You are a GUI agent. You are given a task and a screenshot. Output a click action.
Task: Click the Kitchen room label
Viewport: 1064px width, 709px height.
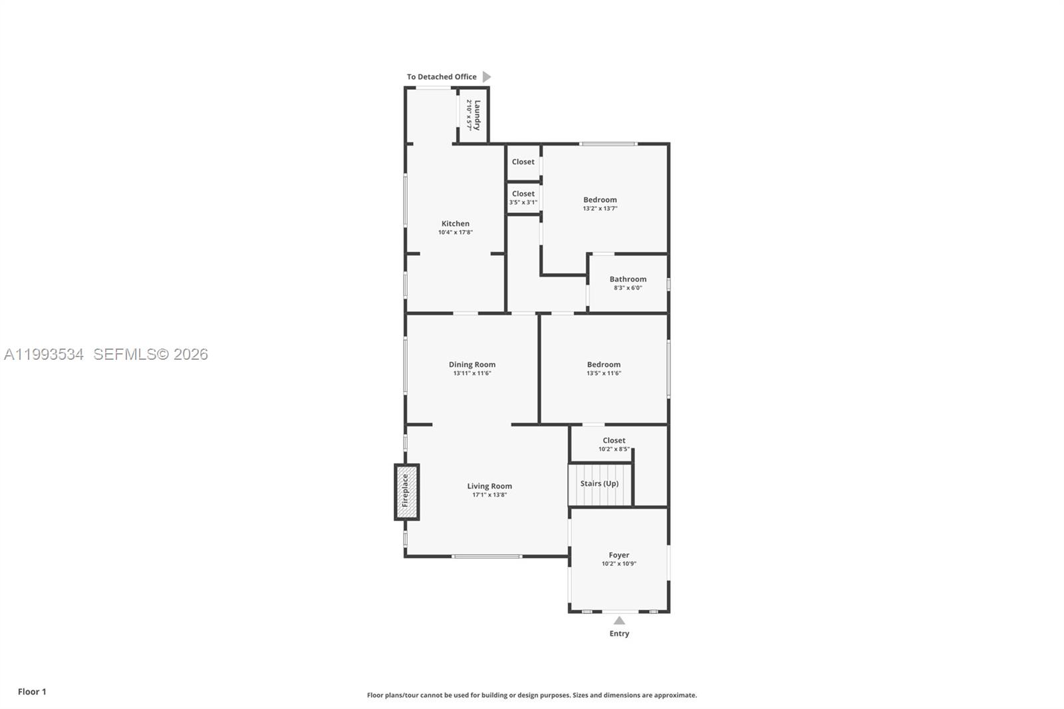[456, 223]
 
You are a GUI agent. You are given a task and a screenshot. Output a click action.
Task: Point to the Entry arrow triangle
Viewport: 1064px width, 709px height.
[619, 621]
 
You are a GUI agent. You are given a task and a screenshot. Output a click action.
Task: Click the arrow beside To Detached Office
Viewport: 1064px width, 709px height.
[487, 76]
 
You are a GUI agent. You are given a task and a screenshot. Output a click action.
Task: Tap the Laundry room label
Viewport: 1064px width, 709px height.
[477, 114]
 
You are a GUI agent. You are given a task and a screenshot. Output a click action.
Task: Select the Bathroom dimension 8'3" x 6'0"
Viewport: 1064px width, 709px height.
[628, 288]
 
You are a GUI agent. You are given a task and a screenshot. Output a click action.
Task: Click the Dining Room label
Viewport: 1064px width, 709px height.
[471, 364]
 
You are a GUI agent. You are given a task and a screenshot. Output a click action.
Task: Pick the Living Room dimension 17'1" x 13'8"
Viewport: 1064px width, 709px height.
[489, 495]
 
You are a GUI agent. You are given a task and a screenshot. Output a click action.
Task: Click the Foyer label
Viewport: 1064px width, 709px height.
[618, 555]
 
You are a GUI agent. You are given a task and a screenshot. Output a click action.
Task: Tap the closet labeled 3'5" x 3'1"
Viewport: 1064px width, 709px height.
[523, 198]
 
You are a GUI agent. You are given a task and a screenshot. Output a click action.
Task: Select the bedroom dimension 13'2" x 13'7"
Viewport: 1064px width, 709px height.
[600, 208]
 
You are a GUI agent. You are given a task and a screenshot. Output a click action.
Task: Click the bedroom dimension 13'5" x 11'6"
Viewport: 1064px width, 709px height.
[603, 373]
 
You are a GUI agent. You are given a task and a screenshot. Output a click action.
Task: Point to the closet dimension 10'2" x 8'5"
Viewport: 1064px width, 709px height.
[614, 449]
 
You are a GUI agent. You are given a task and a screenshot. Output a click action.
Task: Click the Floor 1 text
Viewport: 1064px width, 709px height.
[32, 692]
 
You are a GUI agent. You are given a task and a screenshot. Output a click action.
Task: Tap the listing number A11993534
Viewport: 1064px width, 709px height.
[44, 354]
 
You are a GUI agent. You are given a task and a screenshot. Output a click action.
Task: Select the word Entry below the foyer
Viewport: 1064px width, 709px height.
[619, 633]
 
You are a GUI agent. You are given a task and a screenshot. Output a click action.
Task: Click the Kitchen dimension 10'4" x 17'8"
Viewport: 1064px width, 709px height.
[456, 232]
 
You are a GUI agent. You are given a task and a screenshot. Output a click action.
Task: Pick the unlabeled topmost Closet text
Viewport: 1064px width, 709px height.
[523, 162]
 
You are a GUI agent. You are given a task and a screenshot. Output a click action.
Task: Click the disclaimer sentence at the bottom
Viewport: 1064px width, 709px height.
[532, 695]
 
